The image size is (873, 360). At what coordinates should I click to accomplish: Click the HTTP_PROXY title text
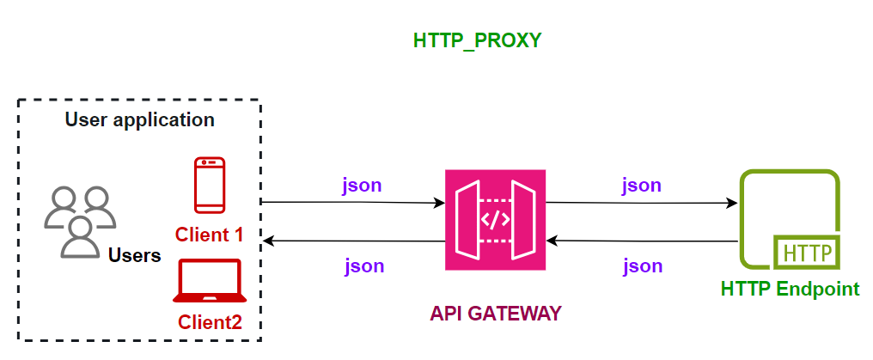click(477, 40)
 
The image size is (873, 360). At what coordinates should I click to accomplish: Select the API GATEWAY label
click(495, 314)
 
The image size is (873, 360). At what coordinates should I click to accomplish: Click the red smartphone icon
click(210, 184)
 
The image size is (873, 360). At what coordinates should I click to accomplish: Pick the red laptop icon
click(210, 282)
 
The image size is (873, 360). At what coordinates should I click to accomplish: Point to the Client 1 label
click(210, 234)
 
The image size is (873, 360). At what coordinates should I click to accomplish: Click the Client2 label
click(210, 323)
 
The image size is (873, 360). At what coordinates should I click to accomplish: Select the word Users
click(135, 255)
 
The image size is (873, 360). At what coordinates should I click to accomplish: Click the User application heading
click(139, 119)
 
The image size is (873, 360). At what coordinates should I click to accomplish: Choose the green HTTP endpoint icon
click(790, 220)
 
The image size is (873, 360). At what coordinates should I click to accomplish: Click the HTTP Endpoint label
click(790, 289)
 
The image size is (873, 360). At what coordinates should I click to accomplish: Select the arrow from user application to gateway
click(352, 203)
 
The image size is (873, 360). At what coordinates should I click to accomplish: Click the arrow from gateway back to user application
click(352, 241)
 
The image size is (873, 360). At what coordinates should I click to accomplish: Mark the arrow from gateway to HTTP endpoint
click(641, 203)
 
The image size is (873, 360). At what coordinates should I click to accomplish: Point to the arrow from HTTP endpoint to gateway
click(641, 241)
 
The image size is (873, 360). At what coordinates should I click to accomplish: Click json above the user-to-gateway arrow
click(363, 185)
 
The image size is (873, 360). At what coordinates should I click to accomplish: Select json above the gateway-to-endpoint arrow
click(641, 185)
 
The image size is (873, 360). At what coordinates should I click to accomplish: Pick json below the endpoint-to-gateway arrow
click(643, 265)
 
